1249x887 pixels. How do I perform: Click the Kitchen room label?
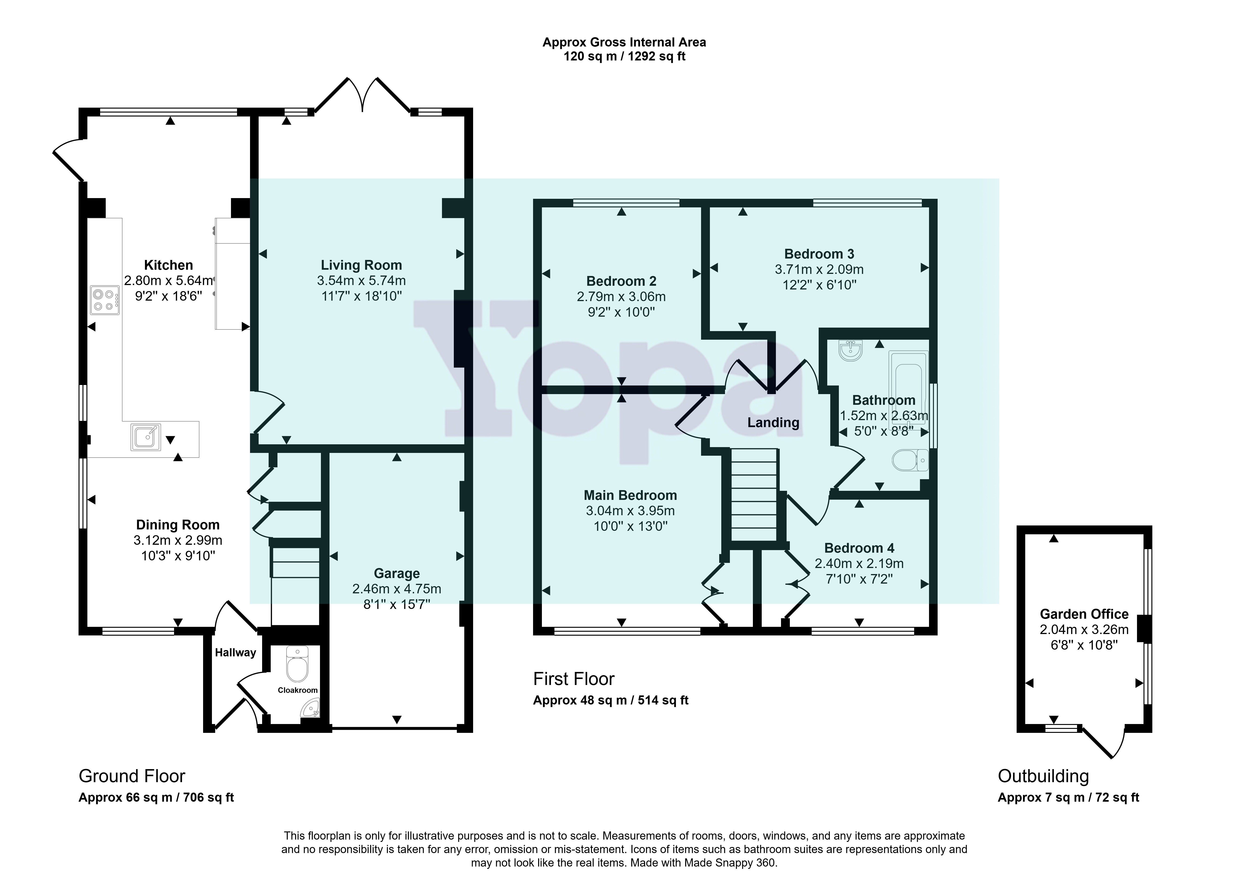[x=168, y=266]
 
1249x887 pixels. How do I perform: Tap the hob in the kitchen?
[x=105, y=300]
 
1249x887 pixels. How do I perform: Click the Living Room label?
[x=361, y=266]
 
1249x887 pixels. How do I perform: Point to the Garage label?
[x=397, y=574]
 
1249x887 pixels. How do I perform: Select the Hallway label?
[x=235, y=653]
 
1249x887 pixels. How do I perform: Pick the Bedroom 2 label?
[x=621, y=281]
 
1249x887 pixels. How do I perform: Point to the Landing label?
[x=773, y=423]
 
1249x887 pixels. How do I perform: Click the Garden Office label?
[x=1084, y=615]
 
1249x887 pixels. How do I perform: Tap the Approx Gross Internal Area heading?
[x=624, y=43]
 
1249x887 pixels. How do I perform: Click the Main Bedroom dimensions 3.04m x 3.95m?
[x=630, y=511]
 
